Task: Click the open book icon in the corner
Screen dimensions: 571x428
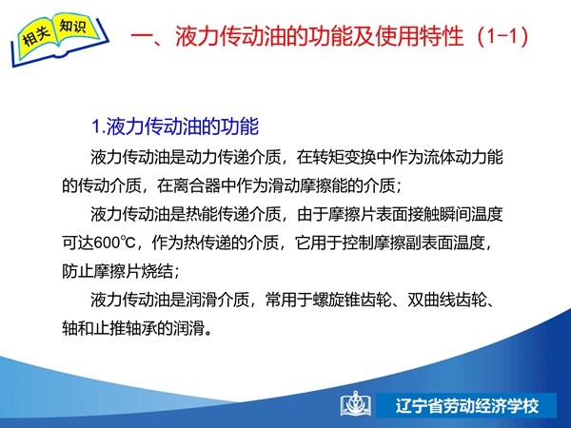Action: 60,39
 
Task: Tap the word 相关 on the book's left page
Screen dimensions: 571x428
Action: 36,36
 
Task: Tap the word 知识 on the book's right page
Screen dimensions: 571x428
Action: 73,27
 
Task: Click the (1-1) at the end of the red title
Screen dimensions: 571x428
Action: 502,36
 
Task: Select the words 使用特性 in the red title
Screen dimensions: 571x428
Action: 420,36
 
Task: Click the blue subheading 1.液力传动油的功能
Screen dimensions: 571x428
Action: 175,126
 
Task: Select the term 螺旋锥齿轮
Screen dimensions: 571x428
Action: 352,300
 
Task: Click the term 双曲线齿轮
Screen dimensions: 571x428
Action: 447,300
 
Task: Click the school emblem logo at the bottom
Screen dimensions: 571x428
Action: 356,403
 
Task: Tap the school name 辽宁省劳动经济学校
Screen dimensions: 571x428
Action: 467,406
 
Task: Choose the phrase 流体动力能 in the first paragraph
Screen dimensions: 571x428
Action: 463,157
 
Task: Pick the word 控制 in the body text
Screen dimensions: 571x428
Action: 358,243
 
